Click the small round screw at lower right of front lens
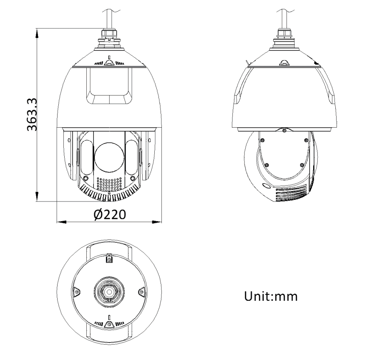tap(133, 178)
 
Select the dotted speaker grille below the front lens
tap(109, 184)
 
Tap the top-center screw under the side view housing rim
tap(284, 131)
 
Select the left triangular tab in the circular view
tap(76, 291)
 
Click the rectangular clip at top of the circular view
tap(109, 259)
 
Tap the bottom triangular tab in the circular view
tap(109, 324)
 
